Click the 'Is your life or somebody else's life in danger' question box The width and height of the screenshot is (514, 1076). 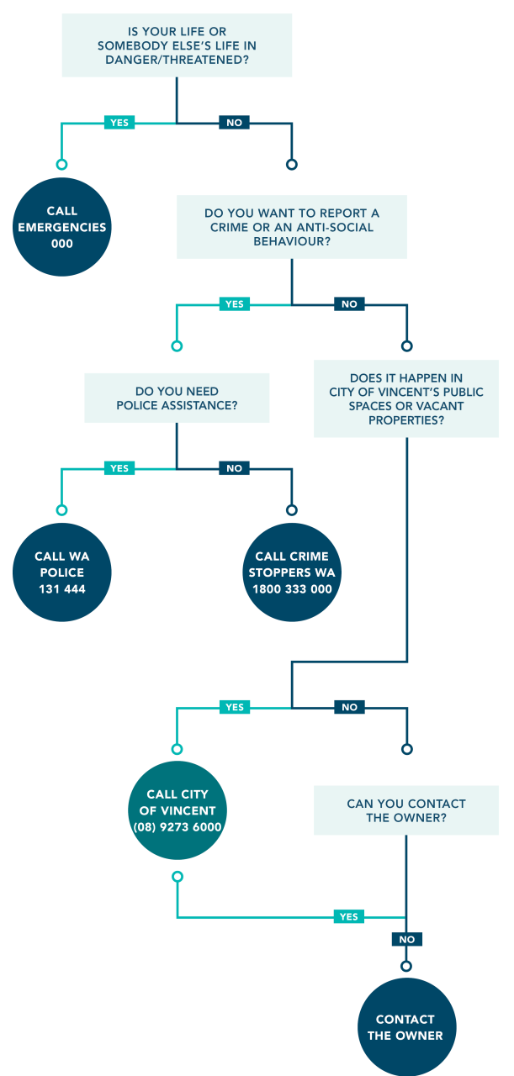177,45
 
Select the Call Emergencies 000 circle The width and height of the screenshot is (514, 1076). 62,227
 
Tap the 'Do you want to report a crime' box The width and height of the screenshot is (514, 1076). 292,227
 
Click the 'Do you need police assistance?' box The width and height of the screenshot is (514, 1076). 177,398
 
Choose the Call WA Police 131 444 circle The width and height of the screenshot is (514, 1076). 62,572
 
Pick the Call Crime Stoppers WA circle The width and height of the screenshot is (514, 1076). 292,572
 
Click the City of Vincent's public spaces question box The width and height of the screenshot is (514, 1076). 406,398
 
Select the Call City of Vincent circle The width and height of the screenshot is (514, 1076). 178,810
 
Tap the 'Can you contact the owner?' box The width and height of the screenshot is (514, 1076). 406,810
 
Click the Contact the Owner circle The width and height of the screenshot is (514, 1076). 407,1027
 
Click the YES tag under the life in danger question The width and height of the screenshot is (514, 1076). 119,123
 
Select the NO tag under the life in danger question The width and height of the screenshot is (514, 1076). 234,123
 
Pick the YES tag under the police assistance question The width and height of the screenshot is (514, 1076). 119,468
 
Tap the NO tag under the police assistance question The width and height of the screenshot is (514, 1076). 234,468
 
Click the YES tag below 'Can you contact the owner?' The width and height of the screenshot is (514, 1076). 348,916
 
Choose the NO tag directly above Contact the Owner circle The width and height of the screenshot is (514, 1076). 407,939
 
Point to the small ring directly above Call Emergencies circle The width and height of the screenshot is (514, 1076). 61,164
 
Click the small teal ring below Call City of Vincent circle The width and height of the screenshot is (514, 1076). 178,877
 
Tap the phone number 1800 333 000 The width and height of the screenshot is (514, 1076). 292,589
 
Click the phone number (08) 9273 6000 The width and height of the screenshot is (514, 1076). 178,826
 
